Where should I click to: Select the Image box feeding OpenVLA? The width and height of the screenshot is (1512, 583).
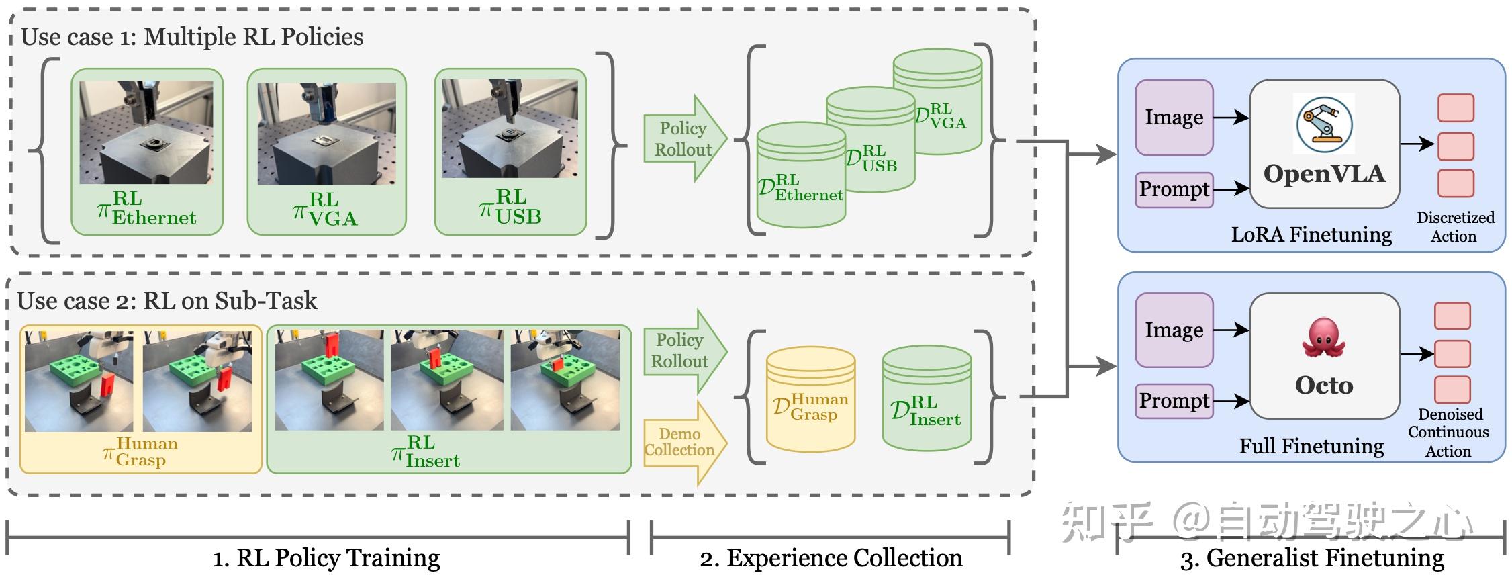pyautogui.click(x=1174, y=118)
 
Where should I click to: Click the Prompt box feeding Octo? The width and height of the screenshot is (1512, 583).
pyautogui.click(x=1174, y=401)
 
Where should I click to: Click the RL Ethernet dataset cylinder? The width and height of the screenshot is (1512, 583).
pyautogui.click(x=800, y=176)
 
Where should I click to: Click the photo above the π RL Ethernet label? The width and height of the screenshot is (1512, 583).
pyautogui.click(x=146, y=132)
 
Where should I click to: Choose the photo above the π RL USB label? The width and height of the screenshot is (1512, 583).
pyautogui.click(x=510, y=129)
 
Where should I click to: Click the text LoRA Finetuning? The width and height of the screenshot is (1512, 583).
pyautogui.click(x=1311, y=234)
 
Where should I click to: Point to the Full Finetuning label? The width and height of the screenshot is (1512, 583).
pyautogui.click(x=1311, y=446)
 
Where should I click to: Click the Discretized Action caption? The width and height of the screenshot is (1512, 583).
pyautogui.click(x=1455, y=226)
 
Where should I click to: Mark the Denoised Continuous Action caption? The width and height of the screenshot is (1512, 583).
pyautogui.click(x=1449, y=433)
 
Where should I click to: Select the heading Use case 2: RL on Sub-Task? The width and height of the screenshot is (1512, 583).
pyautogui.click(x=167, y=300)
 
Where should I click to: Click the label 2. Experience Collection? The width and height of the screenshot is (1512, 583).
pyautogui.click(x=831, y=557)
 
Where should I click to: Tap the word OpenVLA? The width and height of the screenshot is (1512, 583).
pyautogui.click(x=1324, y=174)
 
